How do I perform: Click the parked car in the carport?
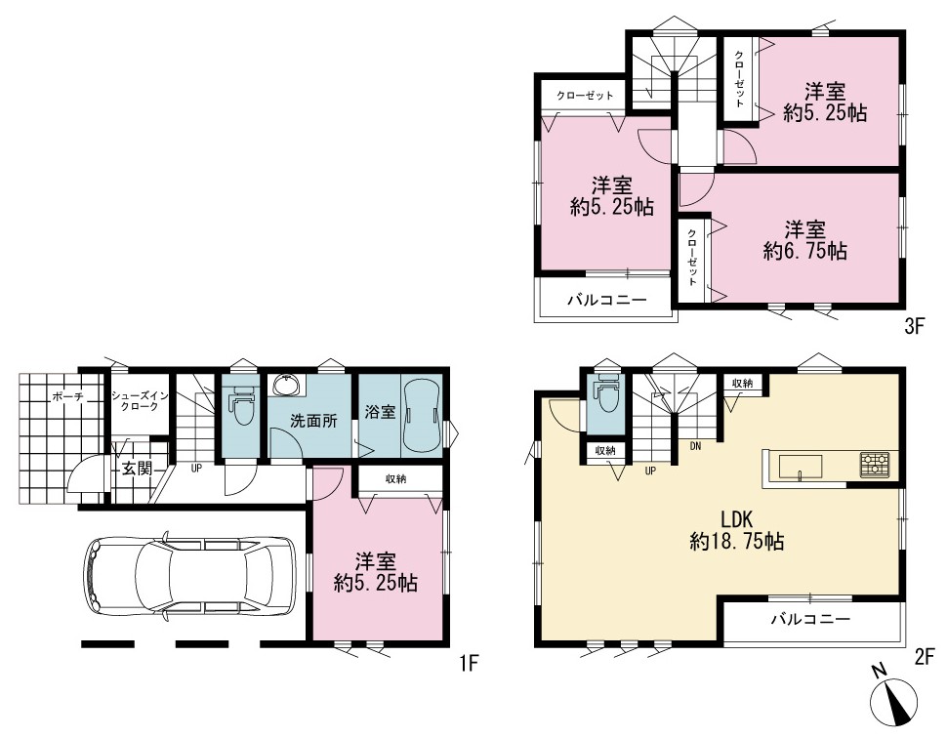189,576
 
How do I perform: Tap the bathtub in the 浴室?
422,415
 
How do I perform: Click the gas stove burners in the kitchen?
874,465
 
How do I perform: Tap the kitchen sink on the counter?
801,468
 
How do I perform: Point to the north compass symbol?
893,699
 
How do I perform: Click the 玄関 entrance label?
137,468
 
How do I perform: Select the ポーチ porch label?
68,396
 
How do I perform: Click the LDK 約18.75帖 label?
737,530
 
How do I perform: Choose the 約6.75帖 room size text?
804,251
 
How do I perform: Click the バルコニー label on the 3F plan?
606,300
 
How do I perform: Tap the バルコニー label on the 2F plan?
810,619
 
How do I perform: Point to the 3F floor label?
915,327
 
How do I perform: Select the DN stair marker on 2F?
696,446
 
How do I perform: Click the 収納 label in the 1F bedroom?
396,479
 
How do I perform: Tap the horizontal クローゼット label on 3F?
585,96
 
